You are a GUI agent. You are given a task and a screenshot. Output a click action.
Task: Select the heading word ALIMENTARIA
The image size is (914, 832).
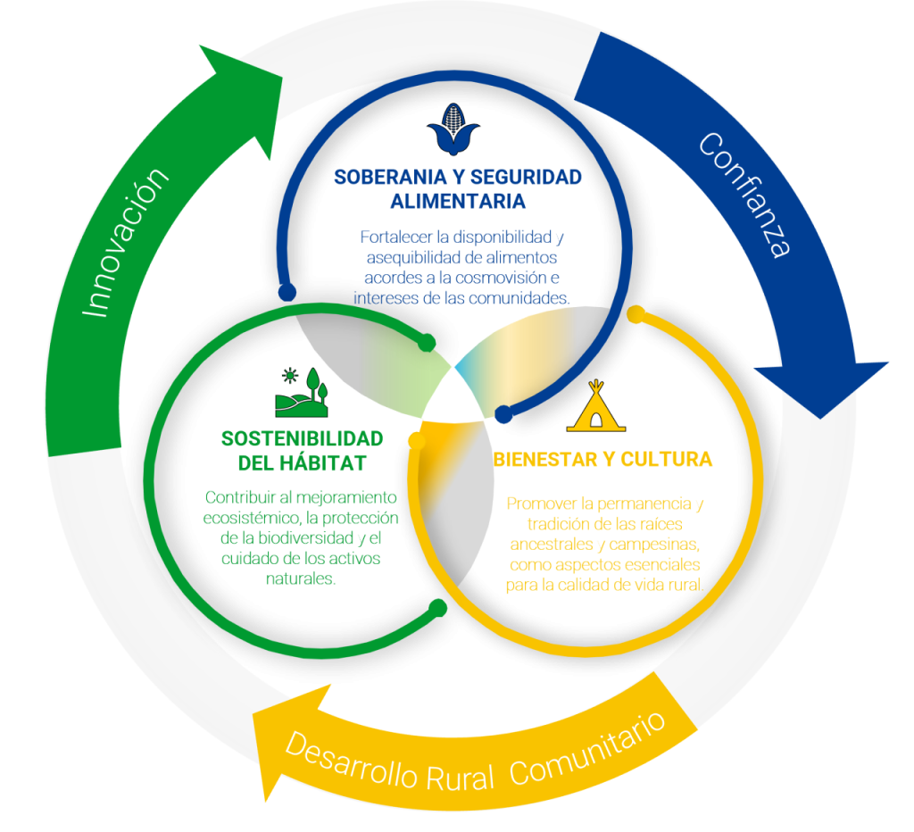click(x=457, y=199)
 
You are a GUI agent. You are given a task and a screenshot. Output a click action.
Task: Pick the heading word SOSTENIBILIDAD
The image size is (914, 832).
click(x=302, y=439)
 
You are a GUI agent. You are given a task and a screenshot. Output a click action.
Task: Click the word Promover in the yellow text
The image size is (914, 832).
click(x=539, y=503)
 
